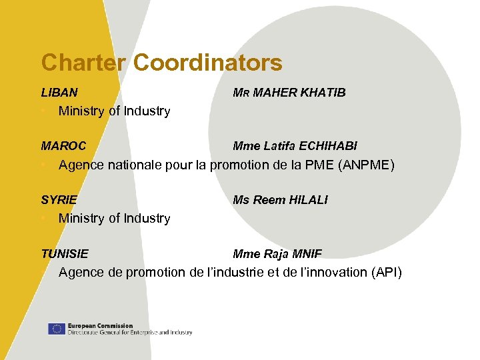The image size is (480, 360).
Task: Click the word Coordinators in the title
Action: [208, 63]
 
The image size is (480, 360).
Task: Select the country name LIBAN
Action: [59, 93]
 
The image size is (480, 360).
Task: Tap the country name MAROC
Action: [63, 146]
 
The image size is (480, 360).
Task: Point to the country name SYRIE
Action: [59, 200]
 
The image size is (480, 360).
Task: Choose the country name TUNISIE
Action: [65, 254]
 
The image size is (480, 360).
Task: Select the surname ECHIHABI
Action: [328, 146]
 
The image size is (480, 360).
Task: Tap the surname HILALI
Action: [308, 200]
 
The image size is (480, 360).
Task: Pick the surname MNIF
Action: [307, 254]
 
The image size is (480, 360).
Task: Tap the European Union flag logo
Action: [56, 329]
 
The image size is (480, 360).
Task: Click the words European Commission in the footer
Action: [100, 325]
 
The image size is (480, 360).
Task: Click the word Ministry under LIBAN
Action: [81, 111]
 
